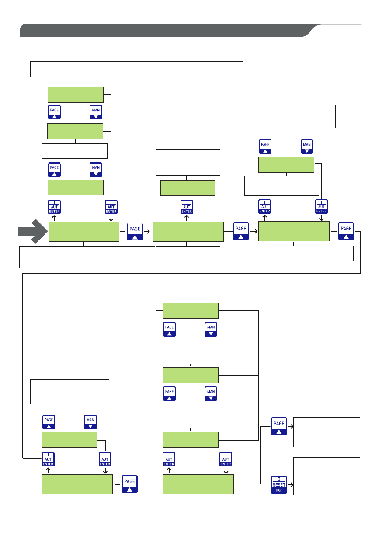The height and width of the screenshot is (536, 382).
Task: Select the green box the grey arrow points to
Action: point(83,231)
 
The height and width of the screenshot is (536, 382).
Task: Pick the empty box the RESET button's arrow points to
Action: point(326,476)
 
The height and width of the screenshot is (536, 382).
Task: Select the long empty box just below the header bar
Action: point(136,69)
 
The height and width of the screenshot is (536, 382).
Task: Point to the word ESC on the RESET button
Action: point(278,490)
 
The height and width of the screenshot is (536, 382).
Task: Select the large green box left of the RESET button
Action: point(198,484)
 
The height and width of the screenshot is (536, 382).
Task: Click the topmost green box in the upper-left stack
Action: point(75,95)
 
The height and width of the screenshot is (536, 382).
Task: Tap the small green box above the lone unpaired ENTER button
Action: point(188,188)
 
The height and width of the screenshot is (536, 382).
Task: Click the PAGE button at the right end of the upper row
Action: point(346,231)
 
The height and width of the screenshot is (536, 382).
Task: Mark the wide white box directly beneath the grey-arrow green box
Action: point(87,257)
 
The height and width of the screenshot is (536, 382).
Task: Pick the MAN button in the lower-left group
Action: point(90,422)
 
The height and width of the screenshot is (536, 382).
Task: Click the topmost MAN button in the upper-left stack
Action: point(96,112)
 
